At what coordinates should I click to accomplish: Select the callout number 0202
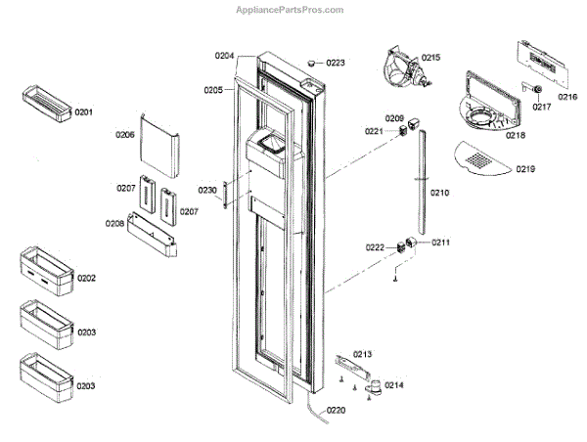click(x=86, y=279)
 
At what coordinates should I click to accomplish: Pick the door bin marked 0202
click(x=44, y=270)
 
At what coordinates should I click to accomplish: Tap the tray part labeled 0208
click(x=156, y=237)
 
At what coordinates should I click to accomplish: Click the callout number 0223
click(x=336, y=63)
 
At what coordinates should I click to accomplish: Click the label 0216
click(x=567, y=97)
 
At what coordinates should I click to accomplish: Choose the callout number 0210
click(x=439, y=194)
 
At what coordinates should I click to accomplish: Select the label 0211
click(x=441, y=242)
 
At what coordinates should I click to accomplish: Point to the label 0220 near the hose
click(x=336, y=410)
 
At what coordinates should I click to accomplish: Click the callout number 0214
click(x=393, y=385)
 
